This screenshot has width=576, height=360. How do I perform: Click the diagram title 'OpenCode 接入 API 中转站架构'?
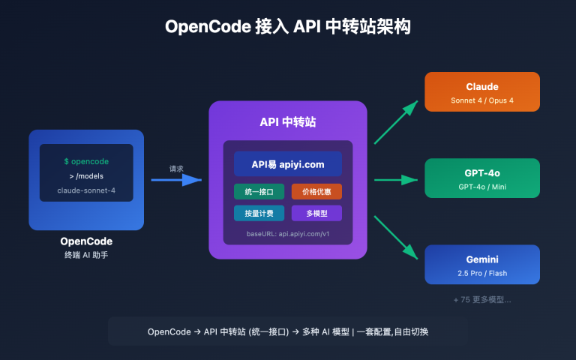pos(288,27)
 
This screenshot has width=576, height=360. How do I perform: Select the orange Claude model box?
pos(482,91)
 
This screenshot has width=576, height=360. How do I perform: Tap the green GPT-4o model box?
pos(482,178)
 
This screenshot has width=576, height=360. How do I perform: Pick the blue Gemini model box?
pos(482,265)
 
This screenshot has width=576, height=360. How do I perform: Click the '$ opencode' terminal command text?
pos(86,161)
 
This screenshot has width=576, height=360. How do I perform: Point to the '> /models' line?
pos(86,175)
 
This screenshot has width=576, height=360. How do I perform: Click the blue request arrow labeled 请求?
pos(177,180)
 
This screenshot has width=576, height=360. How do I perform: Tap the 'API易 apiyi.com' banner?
pos(288,163)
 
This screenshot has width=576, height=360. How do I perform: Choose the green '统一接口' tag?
pos(259,191)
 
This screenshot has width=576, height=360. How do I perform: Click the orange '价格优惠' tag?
pos(316,191)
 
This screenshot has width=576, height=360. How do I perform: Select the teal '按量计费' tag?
pos(259,214)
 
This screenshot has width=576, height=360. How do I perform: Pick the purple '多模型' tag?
pos(316,214)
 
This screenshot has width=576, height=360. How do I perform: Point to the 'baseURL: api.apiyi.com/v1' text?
pos(288,234)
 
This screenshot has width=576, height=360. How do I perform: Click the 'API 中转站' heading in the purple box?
pos(288,122)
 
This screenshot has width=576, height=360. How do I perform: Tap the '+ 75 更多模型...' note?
pos(482,299)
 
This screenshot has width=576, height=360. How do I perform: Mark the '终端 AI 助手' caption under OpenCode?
pos(86,255)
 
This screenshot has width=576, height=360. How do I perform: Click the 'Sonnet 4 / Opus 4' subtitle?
pos(482,100)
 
